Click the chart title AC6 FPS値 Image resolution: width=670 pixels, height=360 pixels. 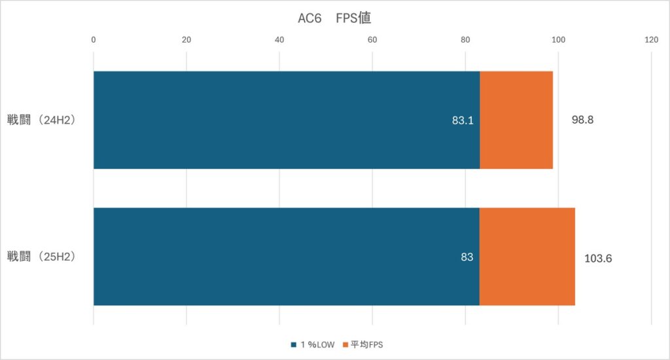coord(334,18)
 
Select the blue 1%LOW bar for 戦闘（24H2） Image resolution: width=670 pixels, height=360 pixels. coord(286,120)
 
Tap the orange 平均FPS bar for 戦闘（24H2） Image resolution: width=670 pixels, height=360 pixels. coord(516,120)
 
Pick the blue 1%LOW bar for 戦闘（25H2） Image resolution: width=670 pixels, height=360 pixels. coord(286,257)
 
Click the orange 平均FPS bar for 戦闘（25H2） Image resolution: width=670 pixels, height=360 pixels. coord(527,257)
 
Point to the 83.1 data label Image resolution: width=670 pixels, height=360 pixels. coord(463,120)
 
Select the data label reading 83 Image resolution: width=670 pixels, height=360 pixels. coord(467,257)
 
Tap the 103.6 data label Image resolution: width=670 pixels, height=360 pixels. coord(598,258)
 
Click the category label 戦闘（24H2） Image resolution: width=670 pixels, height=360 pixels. coord(43,120)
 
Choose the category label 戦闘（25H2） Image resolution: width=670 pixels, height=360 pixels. coord(43,257)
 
